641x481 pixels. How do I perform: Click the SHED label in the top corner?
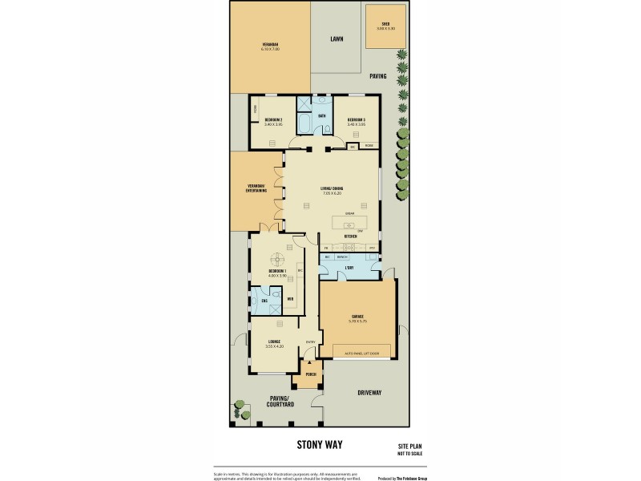[x=385, y=25]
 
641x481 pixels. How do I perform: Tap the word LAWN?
[x=337, y=38]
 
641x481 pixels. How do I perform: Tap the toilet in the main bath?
[x=325, y=101]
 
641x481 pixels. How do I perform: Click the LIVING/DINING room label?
[x=332, y=189]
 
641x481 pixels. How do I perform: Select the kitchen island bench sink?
[x=350, y=224]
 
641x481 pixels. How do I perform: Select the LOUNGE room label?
[x=274, y=342]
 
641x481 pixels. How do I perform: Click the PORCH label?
[x=309, y=374]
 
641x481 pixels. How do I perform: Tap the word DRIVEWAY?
[x=369, y=393]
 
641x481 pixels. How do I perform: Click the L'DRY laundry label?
[x=349, y=267]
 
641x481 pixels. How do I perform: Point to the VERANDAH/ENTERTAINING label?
[x=256, y=189]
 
